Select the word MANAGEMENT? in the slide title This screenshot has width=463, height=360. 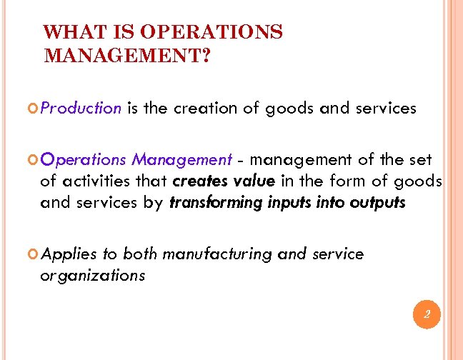tap(126, 55)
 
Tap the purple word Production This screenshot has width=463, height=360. tap(81, 109)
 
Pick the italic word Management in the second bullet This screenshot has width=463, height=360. tap(181, 159)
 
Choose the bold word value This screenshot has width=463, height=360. tap(253, 181)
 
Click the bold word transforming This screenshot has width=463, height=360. tap(215, 203)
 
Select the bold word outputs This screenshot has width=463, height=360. tap(378, 203)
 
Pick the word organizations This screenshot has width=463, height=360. tap(93, 276)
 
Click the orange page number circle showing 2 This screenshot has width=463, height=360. tap(427, 315)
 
